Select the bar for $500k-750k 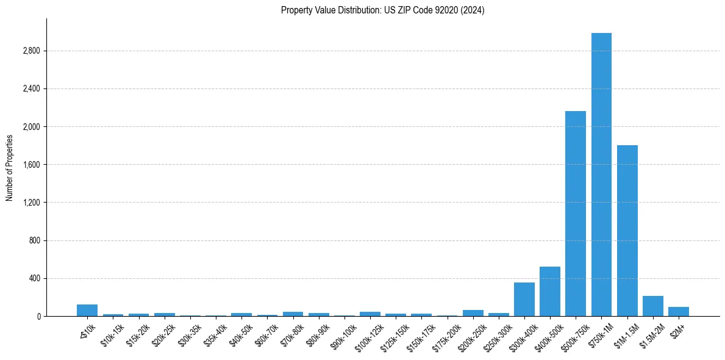pyautogui.click(x=576, y=214)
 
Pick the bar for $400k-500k pyautogui.click(x=550, y=292)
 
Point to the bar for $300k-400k pyautogui.click(x=524, y=300)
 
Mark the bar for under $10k pyautogui.click(x=87, y=311)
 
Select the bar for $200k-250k pyautogui.click(x=473, y=313)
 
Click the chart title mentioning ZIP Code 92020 pyautogui.click(x=382, y=10)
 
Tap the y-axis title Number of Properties pyautogui.click(x=10, y=167)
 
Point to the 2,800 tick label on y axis pyautogui.click(x=30, y=51)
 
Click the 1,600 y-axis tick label pyautogui.click(x=30, y=165)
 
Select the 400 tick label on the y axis pyautogui.click(x=33, y=278)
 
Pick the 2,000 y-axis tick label pyautogui.click(x=30, y=127)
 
